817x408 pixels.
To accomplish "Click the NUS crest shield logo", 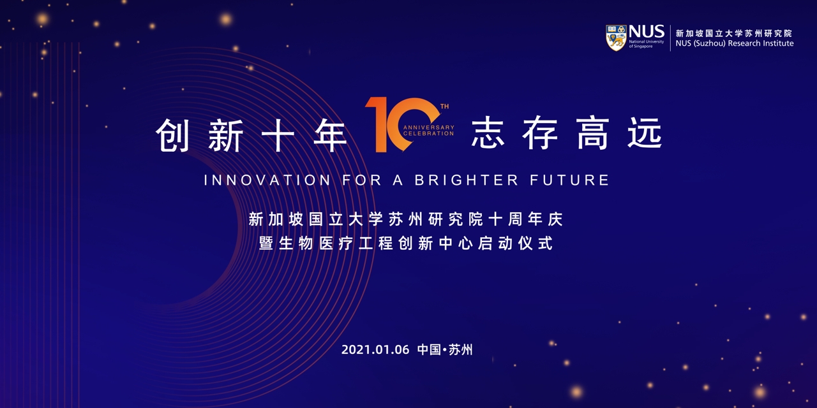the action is point(616,38).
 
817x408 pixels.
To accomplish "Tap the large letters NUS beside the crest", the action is point(647,32).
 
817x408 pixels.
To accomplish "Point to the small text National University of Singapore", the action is point(647,44).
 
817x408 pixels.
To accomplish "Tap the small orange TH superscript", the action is point(444,106).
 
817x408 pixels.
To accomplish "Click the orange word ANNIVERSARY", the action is point(428,127).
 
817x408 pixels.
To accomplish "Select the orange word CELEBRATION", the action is point(428,134).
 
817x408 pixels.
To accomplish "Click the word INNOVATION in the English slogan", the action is point(267,180).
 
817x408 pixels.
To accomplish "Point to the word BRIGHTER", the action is point(466,180).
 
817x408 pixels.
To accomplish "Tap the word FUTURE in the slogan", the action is point(569,180).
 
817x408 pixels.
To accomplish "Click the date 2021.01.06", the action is point(375,350).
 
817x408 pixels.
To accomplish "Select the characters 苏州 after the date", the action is point(460,350).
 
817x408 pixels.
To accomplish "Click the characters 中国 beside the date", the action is point(429,350).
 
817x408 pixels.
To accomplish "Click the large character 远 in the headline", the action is point(645,133).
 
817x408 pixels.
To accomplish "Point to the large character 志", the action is point(488,133).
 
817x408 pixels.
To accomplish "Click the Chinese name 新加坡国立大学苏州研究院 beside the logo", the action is point(733,34).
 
